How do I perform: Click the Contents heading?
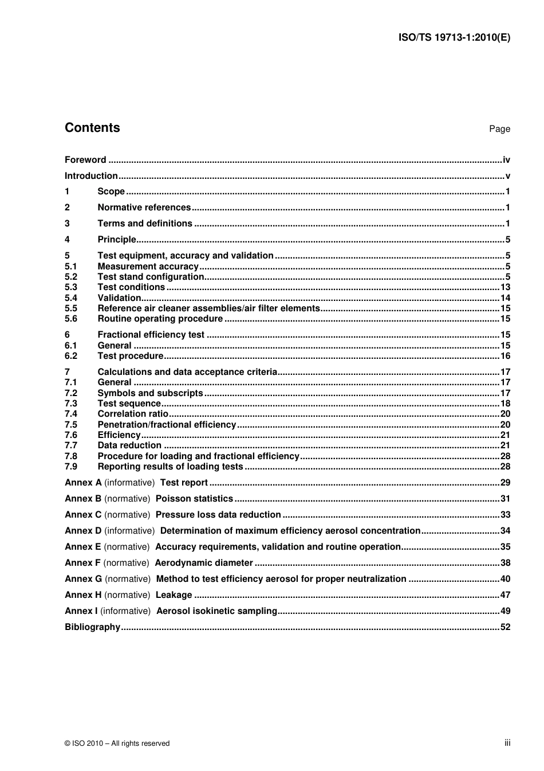92,128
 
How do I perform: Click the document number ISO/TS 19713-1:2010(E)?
454,38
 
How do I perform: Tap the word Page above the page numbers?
499,129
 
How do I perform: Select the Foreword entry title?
85,160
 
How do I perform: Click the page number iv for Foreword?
506,160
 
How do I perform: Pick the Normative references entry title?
144,208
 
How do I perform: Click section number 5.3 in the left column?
71,287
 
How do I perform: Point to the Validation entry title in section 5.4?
119,298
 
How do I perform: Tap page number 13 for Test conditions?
505,287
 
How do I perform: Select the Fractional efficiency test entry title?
151,335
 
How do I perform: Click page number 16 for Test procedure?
505,356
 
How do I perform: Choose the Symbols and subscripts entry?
150,393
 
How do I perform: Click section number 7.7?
71,445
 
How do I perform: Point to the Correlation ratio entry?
133,414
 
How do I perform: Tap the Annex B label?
83,499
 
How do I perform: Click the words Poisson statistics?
194,499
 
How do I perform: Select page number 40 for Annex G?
505,579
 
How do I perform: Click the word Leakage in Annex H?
174,595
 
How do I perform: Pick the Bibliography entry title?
92,627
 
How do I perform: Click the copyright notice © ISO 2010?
117,743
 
